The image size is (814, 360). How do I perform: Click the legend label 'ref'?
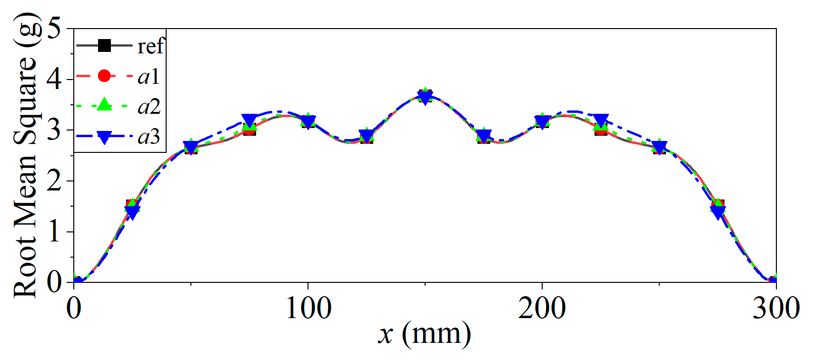pos(150,46)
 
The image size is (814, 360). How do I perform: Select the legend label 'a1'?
pos(148,76)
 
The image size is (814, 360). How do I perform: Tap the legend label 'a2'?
pos(149,106)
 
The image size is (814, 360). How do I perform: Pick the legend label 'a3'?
pos(149,136)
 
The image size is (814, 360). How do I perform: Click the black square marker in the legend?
pos(104,46)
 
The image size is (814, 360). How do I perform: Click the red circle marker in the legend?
pos(104,76)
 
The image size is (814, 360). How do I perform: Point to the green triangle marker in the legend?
pos(104,105)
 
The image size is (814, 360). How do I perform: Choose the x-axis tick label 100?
pos(308,309)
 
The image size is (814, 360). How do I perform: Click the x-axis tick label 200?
pos(542,309)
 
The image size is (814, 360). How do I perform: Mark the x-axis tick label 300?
pos(776,309)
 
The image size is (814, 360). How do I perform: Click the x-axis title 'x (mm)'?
pos(425,333)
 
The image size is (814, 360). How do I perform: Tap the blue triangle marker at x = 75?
pos(249,120)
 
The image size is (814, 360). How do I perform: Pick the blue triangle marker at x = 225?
pos(601,120)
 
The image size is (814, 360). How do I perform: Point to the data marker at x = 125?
pos(367,136)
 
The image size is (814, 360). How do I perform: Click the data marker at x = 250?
pos(659,147)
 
